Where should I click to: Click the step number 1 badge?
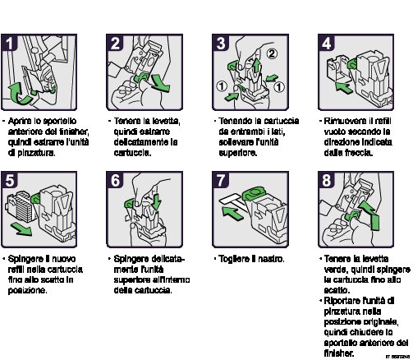click(x=9, y=43)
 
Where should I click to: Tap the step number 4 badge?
click(x=326, y=43)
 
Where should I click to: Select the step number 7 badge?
click(x=220, y=180)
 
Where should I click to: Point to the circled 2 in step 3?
click(x=271, y=53)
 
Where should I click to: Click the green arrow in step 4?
click(x=344, y=88)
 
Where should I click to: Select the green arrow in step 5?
click(x=21, y=228)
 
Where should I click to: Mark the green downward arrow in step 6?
click(x=156, y=201)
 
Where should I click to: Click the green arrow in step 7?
click(x=232, y=213)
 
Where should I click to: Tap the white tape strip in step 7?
click(x=232, y=200)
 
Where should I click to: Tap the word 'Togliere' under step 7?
click(x=234, y=259)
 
